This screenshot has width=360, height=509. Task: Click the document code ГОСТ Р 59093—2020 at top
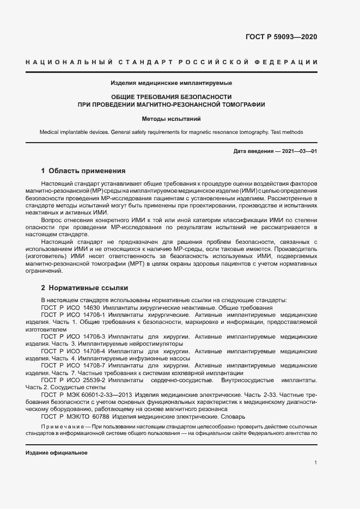click(x=278, y=37)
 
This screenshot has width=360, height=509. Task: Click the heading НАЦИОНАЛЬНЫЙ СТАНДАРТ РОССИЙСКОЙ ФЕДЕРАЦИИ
click(x=172, y=62)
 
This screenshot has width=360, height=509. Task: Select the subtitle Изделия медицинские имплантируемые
click(x=172, y=83)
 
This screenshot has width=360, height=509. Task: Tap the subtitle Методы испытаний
click(x=172, y=118)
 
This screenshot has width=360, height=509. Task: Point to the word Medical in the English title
click(x=50, y=132)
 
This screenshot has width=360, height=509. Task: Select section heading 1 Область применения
click(x=83, y=170)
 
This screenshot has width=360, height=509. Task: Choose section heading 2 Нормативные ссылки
click(x=84, y=287)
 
